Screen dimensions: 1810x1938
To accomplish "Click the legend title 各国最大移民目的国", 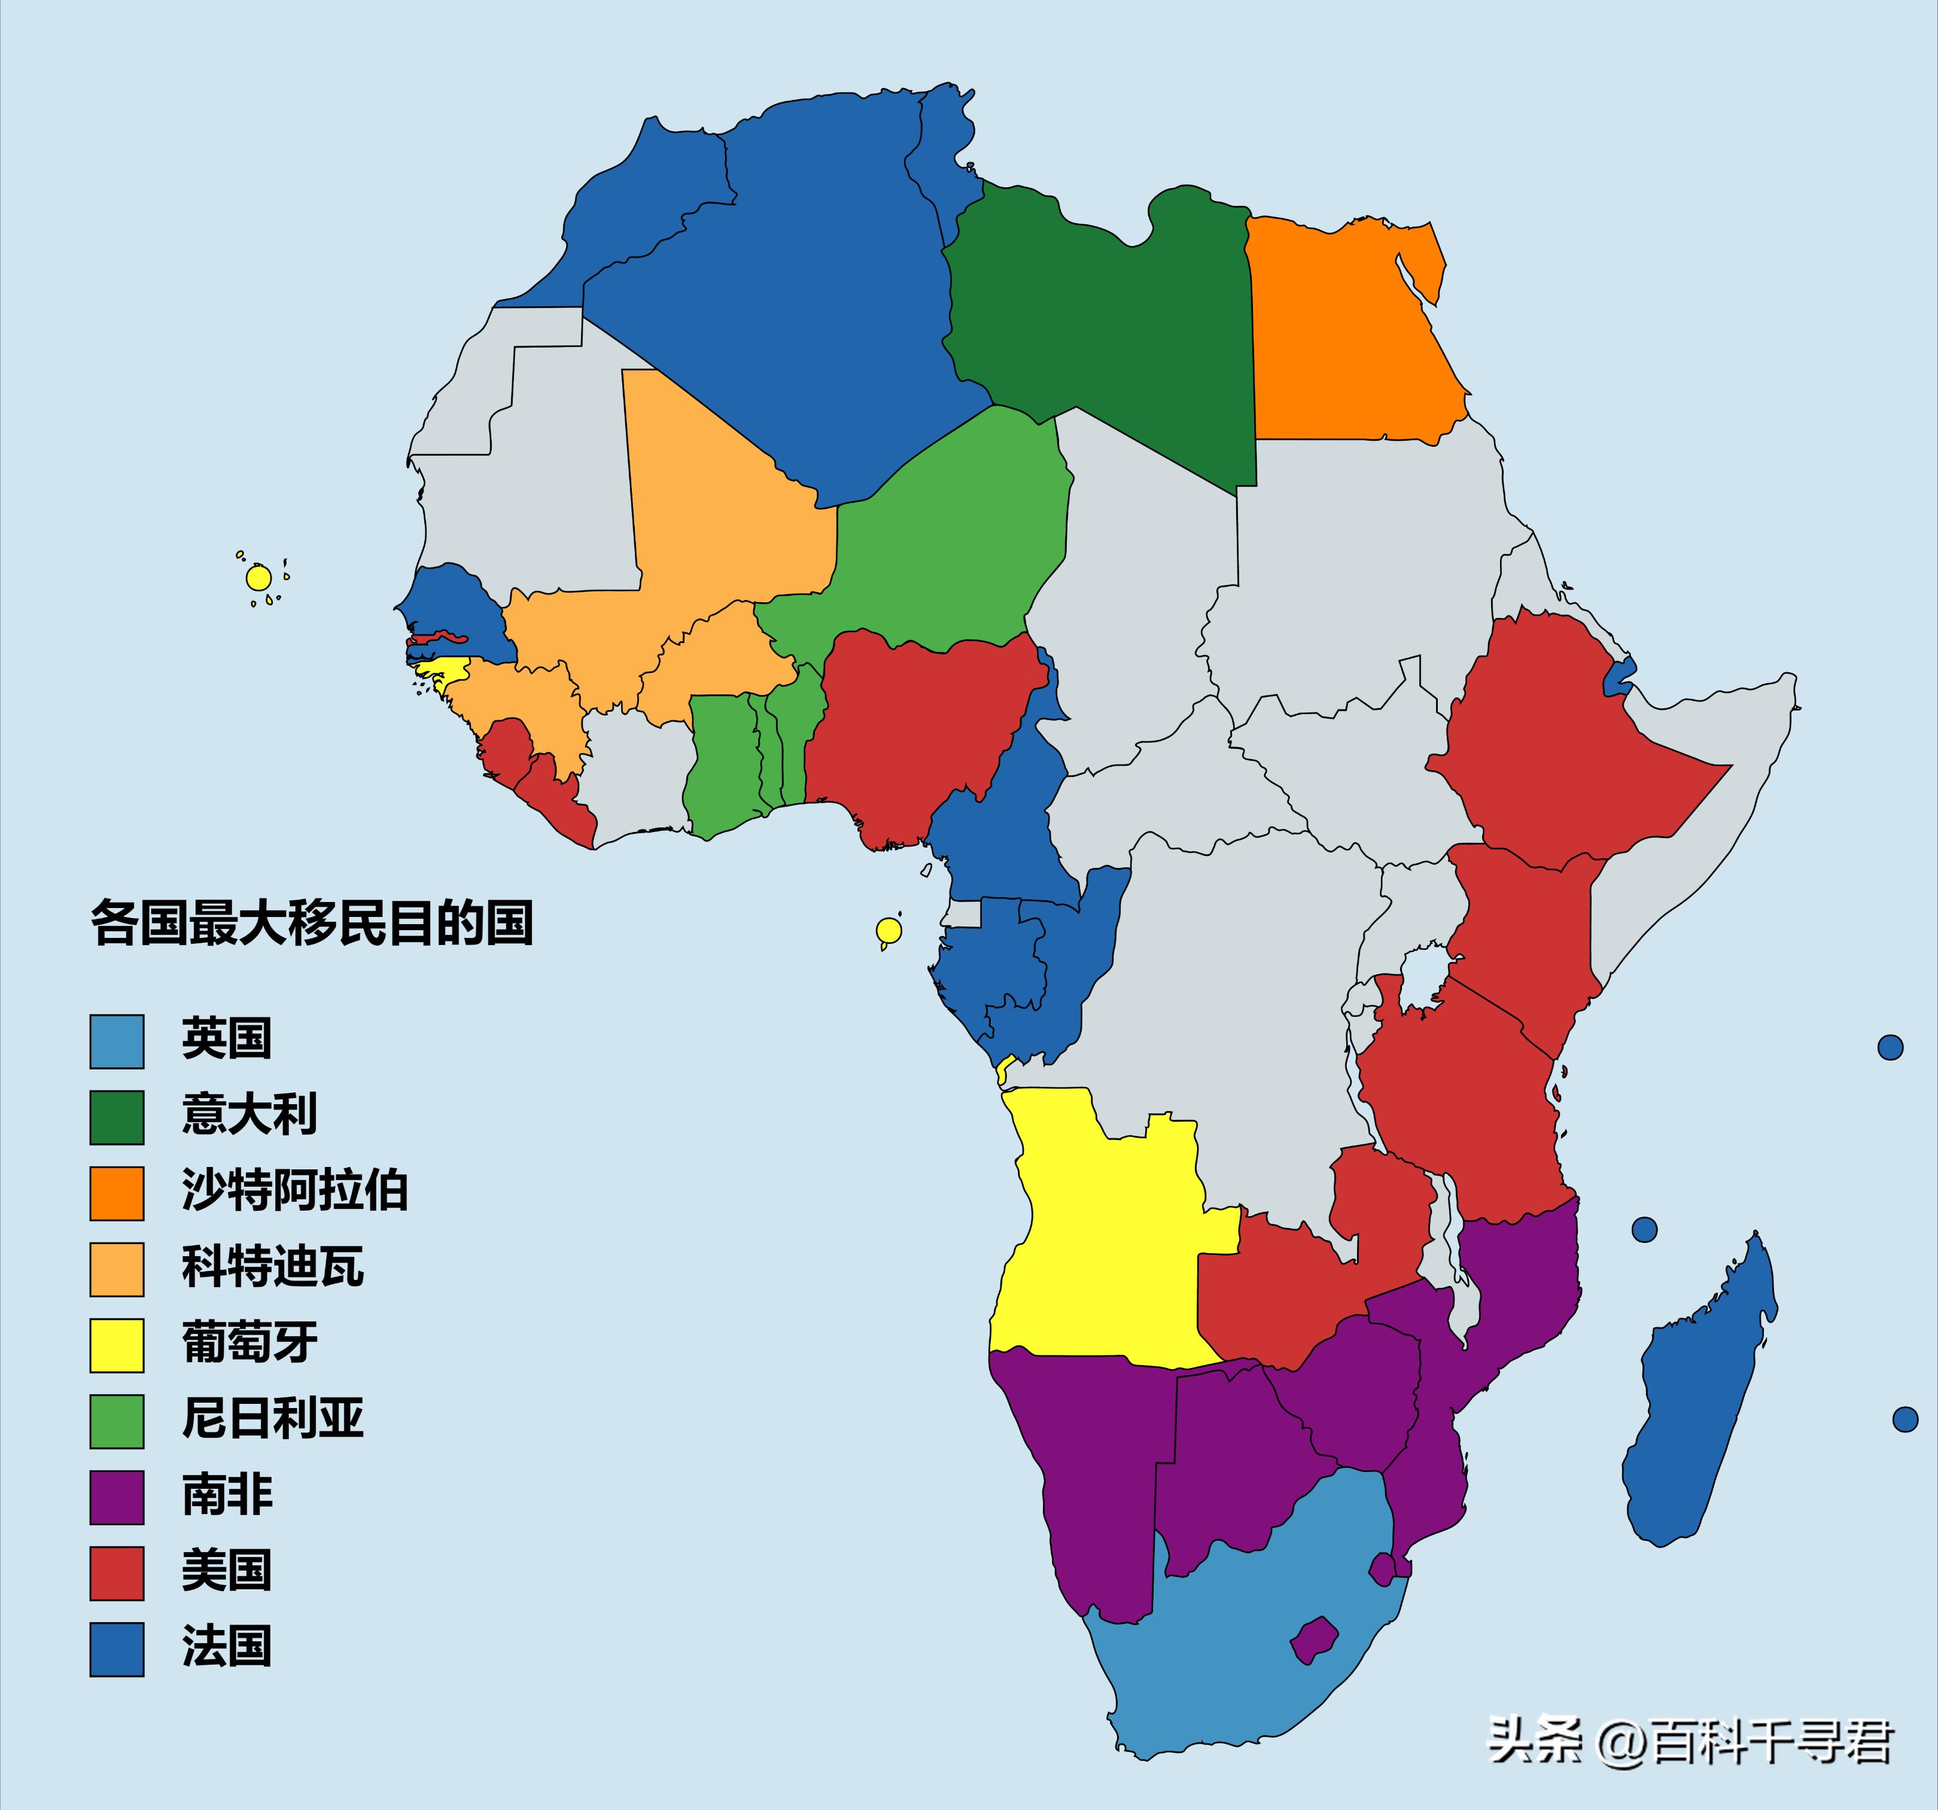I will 312,922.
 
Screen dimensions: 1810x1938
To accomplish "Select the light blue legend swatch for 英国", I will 117,1041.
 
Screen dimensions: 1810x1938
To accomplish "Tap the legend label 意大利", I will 250,1114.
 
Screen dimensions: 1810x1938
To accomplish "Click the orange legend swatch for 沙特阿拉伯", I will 117,1193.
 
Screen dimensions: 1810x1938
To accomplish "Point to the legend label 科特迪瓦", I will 273,1267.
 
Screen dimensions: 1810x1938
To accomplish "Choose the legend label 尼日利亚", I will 273,1419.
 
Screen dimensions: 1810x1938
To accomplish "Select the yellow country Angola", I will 1102,1238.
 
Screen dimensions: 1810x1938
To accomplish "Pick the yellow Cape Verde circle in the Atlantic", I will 258,578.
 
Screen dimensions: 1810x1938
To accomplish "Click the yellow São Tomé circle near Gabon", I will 888,930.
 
